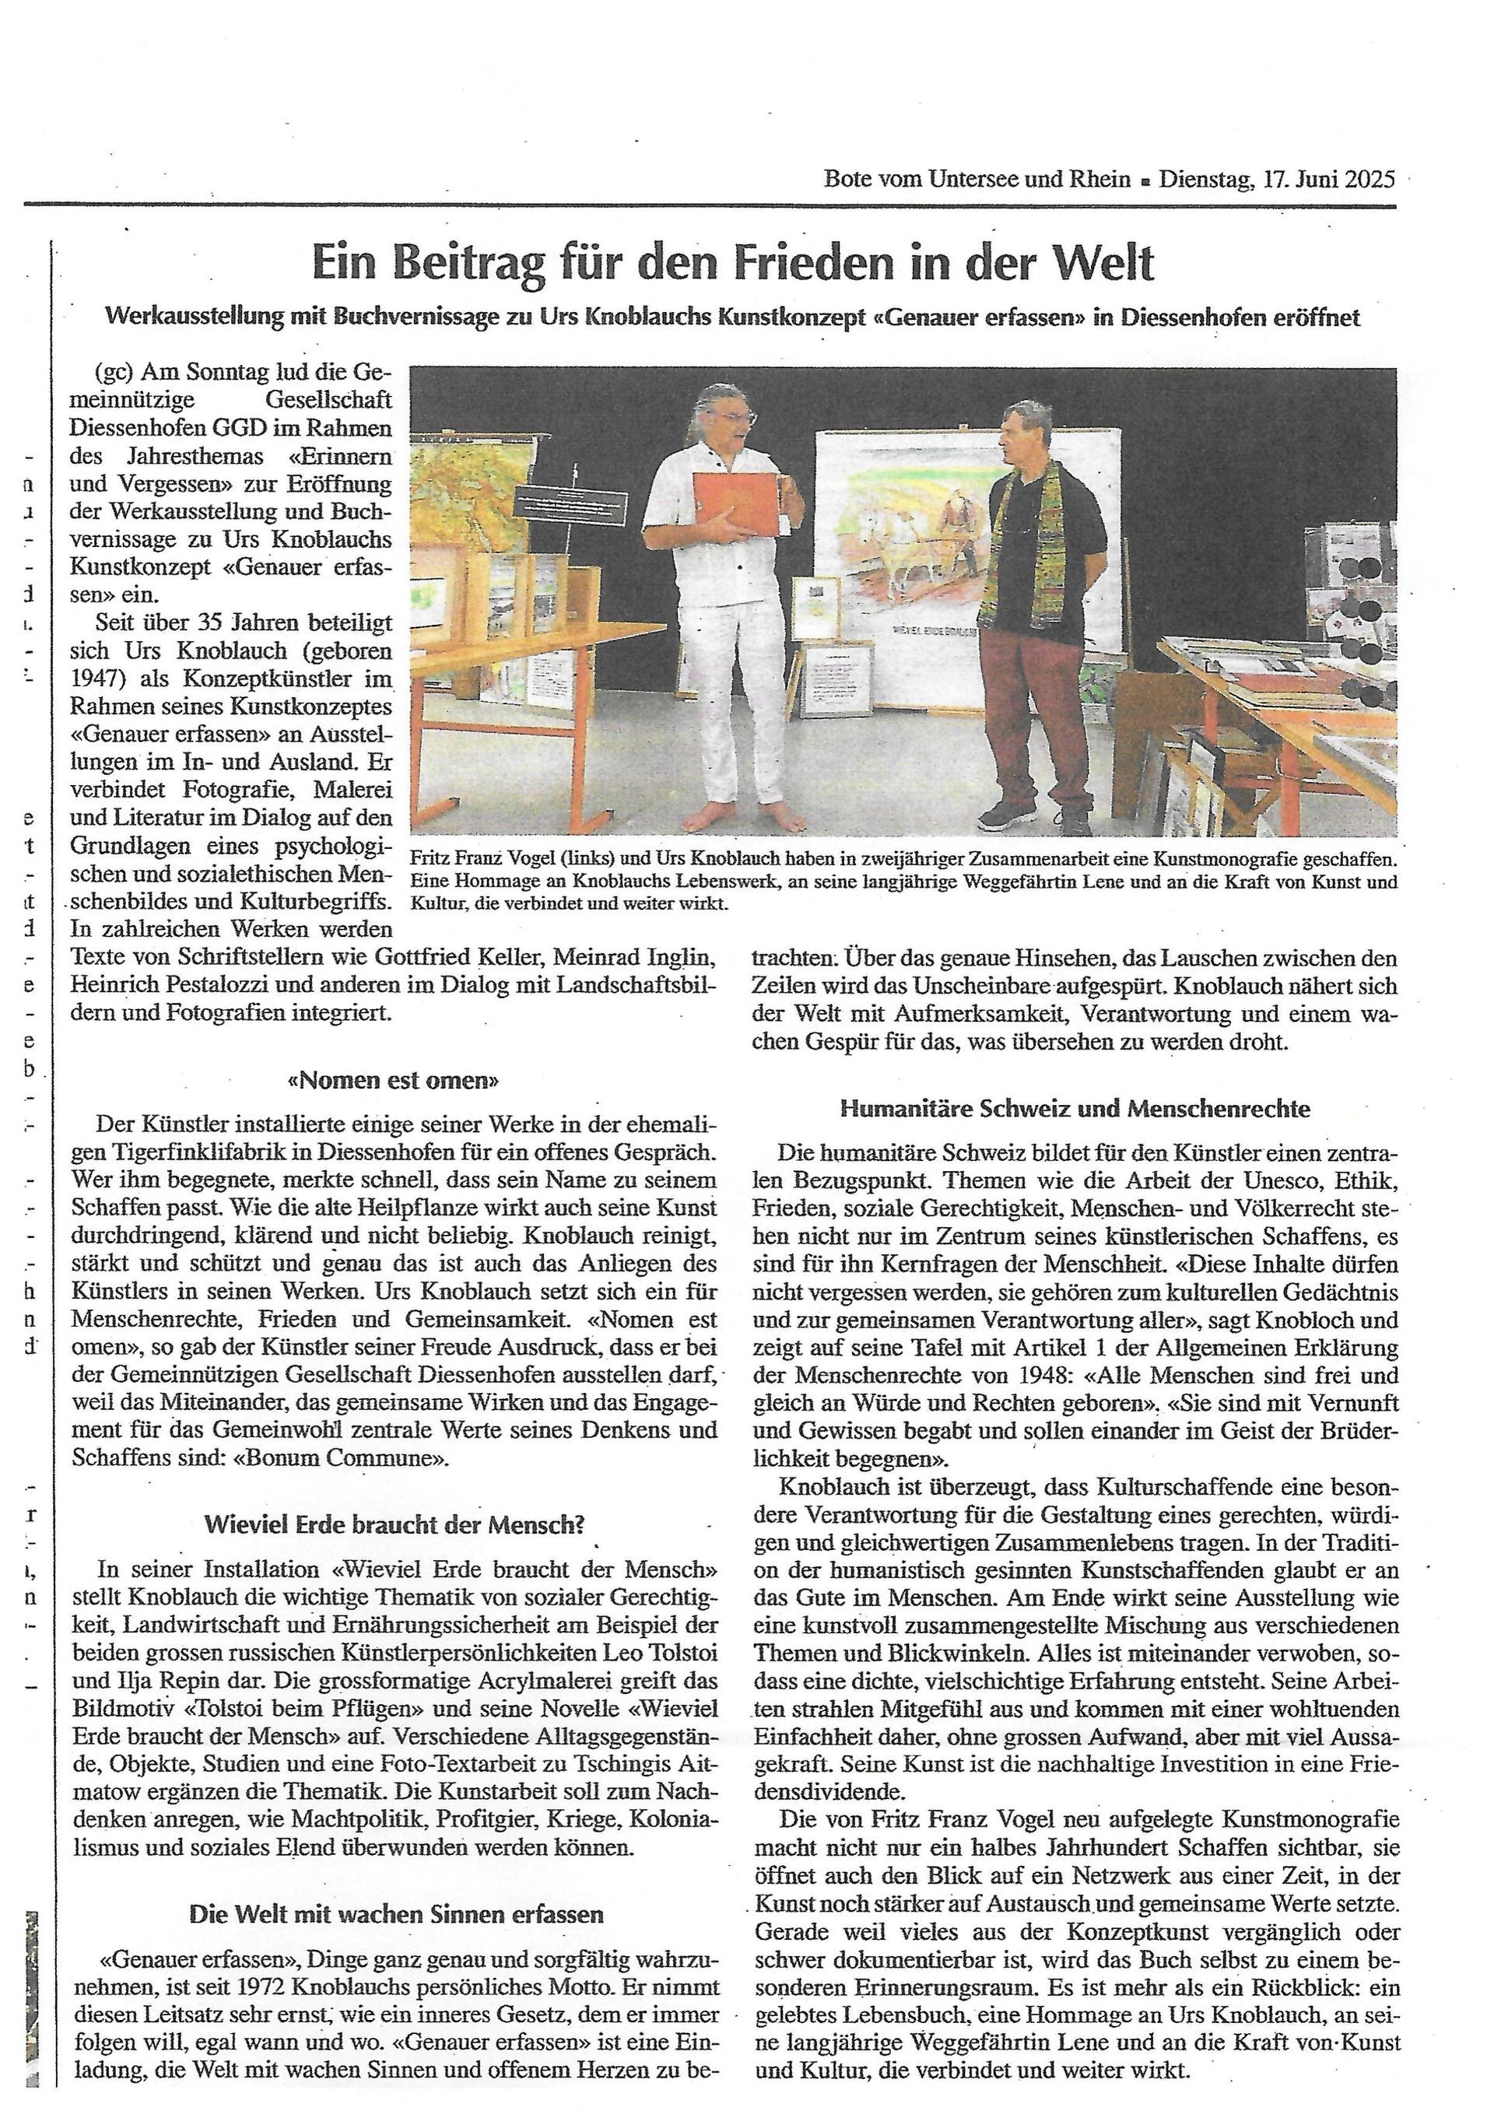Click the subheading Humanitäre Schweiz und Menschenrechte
1075,1108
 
